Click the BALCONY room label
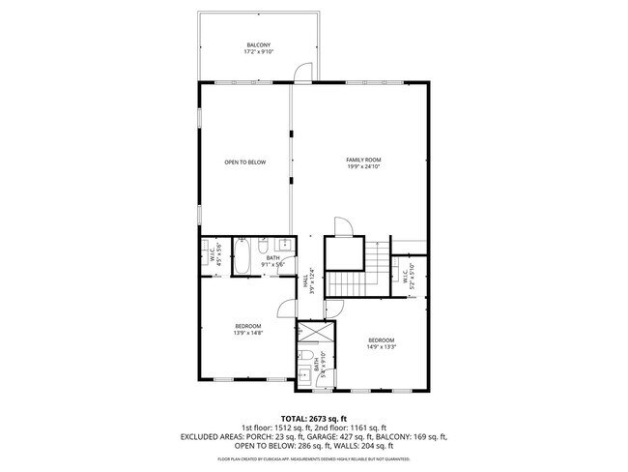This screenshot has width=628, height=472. click(258, 44)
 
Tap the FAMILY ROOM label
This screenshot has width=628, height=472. click(364, 160)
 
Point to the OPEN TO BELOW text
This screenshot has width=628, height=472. click(244, 162)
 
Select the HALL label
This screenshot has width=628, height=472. click(305, 282)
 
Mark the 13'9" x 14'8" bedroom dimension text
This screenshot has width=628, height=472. click(247, 334)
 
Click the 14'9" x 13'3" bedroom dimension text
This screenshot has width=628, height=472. click(381, 346)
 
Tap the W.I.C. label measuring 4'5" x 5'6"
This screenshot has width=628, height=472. click(214, 256)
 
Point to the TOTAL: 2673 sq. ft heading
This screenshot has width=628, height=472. click(314, 418)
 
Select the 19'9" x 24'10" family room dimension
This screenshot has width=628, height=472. click(364, 166)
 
